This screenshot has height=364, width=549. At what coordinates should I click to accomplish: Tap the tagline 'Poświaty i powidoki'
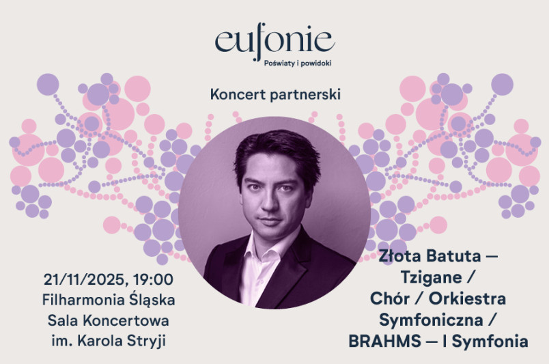point(298,64)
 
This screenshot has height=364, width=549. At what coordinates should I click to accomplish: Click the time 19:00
point(153,279)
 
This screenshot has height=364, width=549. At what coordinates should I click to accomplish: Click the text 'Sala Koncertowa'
point(108,320)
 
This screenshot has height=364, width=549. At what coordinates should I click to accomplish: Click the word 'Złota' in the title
point(400,255)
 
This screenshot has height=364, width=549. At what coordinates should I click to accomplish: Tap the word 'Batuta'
point(453,255)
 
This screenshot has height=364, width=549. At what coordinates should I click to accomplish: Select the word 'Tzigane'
point(431,278)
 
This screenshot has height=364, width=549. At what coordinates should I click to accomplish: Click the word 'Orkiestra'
point(468,298)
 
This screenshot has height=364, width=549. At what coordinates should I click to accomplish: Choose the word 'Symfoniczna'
point(431,320)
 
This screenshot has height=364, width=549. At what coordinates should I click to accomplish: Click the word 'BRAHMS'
point(385,341)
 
